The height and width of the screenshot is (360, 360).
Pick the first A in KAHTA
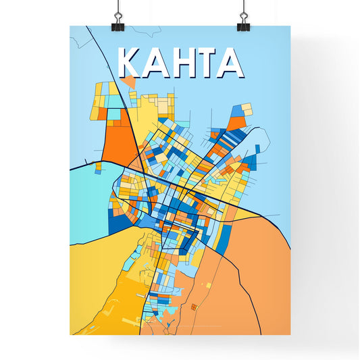point(154,63)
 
